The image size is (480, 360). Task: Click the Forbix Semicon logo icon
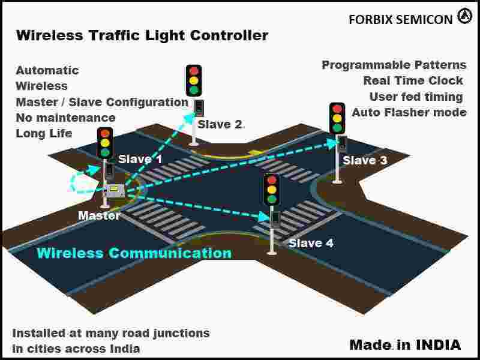tap(464, 17)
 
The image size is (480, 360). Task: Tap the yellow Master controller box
tap(114, 190)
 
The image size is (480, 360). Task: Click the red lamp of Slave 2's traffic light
tap(193, 71)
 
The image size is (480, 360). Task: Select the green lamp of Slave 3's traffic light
tap(337, 128)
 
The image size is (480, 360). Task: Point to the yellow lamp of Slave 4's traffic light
tap(272, 189)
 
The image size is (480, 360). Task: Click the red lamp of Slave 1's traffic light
tap(105, 133)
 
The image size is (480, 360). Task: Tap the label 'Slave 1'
tap(140, 159)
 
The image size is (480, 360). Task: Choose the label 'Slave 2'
tap(220, 124)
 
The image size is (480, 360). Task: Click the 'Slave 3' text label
tap(364, 160)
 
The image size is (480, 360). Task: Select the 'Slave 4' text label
tap(311, 243)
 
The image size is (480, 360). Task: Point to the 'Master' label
tap(99, 215)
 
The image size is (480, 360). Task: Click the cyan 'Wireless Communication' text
tap(134, 253)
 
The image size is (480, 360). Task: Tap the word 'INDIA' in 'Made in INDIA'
tap(438, 344)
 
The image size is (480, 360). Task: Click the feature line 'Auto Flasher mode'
tap(409, 112)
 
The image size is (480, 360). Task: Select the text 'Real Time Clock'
tap(413, 80)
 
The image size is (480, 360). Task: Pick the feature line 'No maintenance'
tap(65, 118)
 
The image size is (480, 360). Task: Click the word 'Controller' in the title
tap(229, 35)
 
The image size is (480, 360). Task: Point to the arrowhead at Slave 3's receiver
tap(332, 143)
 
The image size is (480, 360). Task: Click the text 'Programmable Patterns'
tap(394, 65)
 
